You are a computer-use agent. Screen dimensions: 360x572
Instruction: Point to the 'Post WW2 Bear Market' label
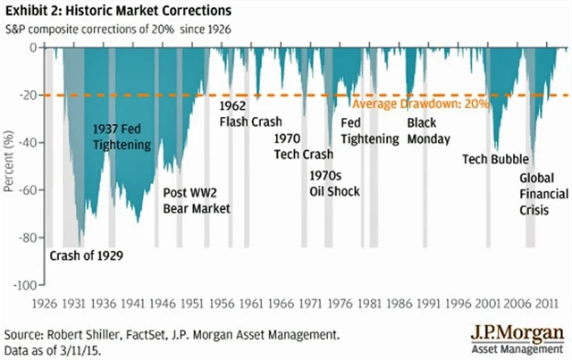pos(197,200)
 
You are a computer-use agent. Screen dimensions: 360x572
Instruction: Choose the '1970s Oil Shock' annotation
pos(333,183)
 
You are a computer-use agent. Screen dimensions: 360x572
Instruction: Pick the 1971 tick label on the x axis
pos(307,303)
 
